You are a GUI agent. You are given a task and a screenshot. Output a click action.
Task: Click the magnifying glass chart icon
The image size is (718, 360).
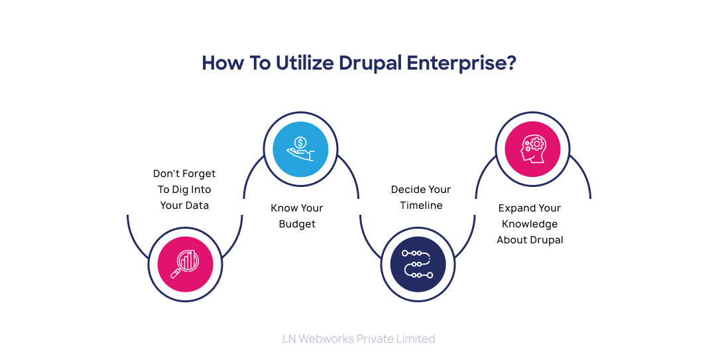pos(185,264)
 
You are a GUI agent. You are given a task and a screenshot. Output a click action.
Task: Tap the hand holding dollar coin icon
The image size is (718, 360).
pos(300,149)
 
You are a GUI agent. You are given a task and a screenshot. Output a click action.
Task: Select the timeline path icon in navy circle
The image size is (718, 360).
pos(417,264)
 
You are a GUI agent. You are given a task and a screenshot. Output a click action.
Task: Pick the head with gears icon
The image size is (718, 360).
pos(532,149)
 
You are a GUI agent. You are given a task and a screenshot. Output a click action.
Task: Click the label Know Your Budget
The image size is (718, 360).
pos(297,216)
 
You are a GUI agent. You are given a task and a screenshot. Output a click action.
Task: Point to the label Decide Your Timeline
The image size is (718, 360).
pos(421,198)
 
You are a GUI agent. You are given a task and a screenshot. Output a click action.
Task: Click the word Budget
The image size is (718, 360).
pos(297,224)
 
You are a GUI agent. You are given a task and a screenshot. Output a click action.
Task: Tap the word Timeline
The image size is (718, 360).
pos(421,206)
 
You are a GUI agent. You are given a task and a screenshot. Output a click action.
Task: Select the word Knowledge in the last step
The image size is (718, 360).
pos(530,224)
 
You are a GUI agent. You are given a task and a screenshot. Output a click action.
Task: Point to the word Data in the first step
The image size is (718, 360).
pos(197,206)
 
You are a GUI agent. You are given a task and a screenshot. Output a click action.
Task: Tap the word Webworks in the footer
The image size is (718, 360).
pos(326,339)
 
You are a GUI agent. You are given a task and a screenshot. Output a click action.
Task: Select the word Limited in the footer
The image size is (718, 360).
pos(414,339)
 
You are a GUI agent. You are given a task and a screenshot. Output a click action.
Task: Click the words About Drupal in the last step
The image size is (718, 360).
pos(530,240)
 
